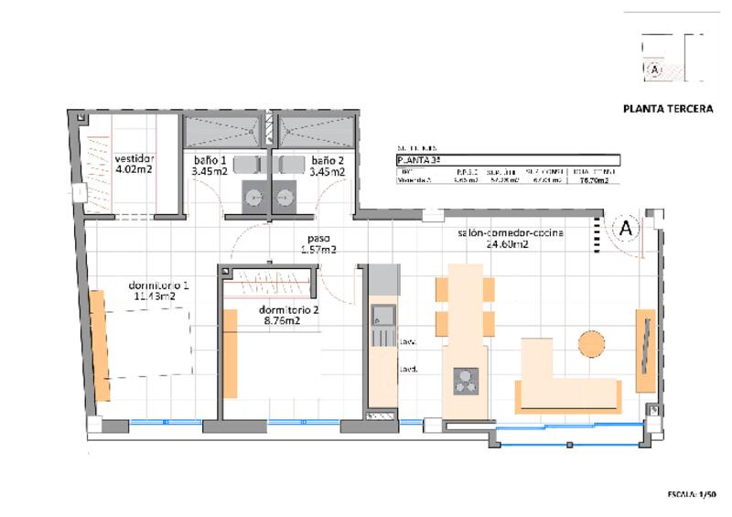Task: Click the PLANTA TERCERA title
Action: pos(667,108)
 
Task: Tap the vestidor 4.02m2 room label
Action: pos(133,163)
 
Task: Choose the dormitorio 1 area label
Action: pos(161,291)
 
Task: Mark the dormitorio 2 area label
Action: pos(288,315)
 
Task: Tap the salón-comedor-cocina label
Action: pos(511,239)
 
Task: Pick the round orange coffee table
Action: pos(591,343)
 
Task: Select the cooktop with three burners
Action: pos(465,380)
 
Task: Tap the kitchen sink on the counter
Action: pos(381,318)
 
